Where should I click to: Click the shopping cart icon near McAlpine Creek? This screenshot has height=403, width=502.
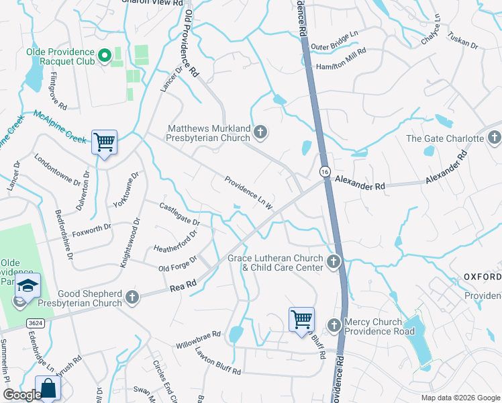(104, 142)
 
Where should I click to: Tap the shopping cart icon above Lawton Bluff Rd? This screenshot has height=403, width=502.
(301, 318)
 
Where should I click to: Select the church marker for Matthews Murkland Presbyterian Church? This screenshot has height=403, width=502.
(260, 134)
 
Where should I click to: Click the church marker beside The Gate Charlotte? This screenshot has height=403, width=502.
(494, 138)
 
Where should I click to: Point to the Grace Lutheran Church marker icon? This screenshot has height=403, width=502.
(334, 261)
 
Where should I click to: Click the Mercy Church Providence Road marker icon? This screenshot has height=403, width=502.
(334, 326)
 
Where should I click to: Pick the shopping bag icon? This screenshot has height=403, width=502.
(48, 388)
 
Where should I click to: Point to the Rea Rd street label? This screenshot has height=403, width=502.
(184, 287)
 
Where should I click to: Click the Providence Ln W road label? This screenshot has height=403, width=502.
(248, 192)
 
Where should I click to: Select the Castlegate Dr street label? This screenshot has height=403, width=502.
(179, 214)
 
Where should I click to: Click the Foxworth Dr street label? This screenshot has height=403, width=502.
(92, 229)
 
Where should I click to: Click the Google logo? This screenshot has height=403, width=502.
(21, 395)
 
